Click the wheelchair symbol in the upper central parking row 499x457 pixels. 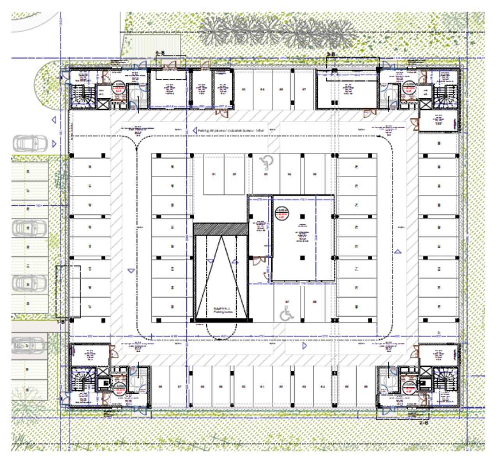[x=266, y=162]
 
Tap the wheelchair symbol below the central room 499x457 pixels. [x=288, y=312]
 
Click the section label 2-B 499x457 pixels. [x=424, y=422]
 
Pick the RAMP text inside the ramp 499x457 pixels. [x=220, y=308]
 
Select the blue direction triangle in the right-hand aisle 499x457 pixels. [x=398, y=252]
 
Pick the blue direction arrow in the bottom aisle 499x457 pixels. [x=305, y=346]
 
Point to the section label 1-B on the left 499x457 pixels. [x=61, y=322]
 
